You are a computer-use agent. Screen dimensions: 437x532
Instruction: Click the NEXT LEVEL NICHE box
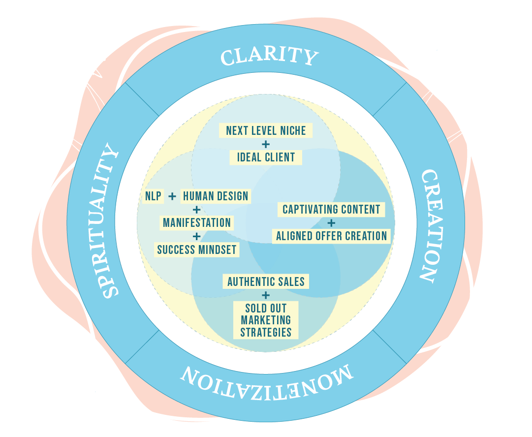[266, 130]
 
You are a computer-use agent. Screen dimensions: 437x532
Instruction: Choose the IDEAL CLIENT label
[266, 157]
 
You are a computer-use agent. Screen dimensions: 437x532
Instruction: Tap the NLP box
[153, 196]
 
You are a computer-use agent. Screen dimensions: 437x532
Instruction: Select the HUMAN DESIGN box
[216, 196]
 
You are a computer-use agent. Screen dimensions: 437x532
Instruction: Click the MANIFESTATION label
[197, 222]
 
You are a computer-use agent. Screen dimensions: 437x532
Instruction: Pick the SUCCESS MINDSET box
[197, 250]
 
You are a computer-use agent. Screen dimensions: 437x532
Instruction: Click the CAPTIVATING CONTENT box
[331, 209]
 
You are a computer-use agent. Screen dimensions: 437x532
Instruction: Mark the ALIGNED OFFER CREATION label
[331, 236]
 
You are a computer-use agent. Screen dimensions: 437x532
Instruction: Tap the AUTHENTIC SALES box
[266, 281]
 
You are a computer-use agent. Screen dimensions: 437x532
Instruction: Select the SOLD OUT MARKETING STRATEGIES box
[266, 320]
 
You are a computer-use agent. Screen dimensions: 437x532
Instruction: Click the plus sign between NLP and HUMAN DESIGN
[172, 196]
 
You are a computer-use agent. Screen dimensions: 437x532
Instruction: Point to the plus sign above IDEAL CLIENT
[266, 144]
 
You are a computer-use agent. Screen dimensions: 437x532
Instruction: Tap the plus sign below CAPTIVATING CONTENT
[331, 222]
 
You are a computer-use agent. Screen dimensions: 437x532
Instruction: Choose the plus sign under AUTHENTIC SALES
[266, 295]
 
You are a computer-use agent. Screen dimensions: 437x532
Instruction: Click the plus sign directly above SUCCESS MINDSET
[197, 236]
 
